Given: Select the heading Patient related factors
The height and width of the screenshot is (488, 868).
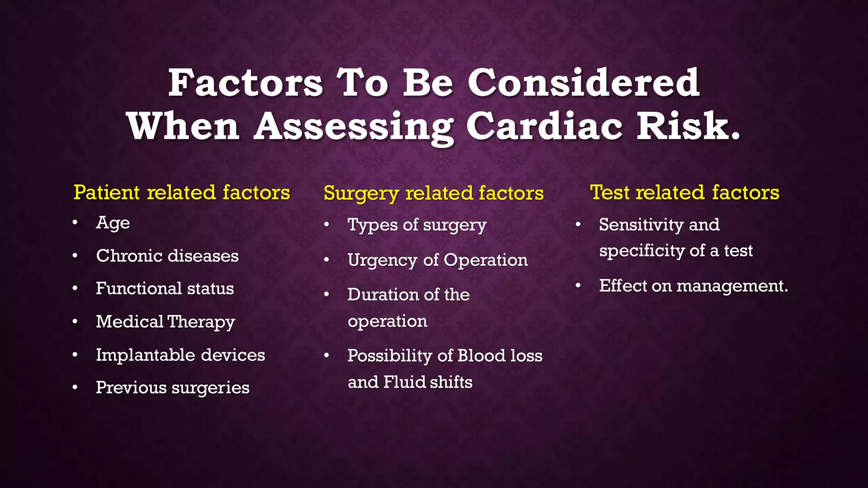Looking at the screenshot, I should [181, 192].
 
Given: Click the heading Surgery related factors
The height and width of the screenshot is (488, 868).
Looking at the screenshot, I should [433, 193].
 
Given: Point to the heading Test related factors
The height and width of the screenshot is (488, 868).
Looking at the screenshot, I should [684, 192].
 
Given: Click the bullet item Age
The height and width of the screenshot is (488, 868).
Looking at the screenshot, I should [113, 223].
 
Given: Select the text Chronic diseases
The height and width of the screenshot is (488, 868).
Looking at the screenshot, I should [167, 256].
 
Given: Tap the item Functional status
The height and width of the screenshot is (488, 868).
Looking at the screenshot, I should [164, 288].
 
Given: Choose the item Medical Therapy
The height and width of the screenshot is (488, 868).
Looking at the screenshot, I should [165, 322].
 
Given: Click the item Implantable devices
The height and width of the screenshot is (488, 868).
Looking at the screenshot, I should [180, 355].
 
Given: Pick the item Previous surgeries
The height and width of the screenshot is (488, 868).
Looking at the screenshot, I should [172, 388].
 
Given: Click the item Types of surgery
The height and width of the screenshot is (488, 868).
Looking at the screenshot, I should [417, 225].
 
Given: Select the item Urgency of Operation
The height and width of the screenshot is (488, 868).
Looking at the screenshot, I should [437, 260].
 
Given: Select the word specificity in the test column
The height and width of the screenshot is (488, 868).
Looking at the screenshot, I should [642, 251].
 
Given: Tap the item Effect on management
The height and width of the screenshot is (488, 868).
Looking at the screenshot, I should [693, 286].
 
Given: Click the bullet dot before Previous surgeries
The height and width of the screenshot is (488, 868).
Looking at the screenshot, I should [75, 387].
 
